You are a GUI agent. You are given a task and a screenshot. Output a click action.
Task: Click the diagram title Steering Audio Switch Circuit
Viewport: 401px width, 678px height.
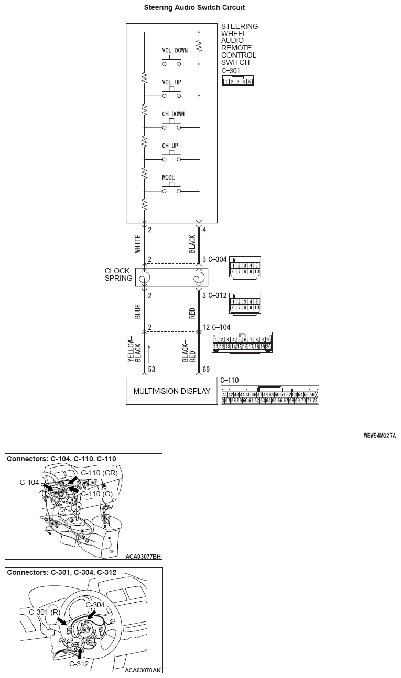pos(194,8)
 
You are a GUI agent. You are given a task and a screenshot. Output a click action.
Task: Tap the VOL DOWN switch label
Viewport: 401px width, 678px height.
pos(175,51)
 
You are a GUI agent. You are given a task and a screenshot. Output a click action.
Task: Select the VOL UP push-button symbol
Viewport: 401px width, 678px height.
pos(171,94)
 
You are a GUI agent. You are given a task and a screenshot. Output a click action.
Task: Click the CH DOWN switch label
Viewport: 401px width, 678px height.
pos(173,114)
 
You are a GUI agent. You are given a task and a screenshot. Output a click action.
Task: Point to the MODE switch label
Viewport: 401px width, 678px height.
pos(168,177)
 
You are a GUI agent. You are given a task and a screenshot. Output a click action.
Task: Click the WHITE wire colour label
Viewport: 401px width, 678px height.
pos(138,244)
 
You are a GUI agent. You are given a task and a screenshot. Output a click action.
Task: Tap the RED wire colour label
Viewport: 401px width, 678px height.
pos(192,313)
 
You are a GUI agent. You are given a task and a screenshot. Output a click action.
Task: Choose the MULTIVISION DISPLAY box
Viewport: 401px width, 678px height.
pos(171,391)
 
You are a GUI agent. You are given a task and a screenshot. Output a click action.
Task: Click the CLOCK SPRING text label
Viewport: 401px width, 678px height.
pos(118,274)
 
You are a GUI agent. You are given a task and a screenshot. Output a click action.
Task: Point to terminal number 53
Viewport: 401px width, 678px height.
pos(151,370)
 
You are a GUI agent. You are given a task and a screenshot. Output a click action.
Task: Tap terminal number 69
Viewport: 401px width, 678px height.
pos(207,370)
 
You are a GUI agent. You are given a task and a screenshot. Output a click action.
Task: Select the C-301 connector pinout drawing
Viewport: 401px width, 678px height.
pos(237,81)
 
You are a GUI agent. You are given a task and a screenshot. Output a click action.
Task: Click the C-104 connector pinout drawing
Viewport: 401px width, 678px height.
pos(242,343)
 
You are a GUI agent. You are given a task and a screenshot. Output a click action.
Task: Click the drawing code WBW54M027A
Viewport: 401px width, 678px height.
pos(380,435)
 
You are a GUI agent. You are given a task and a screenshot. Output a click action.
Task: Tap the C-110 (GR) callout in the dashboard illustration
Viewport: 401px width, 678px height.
pos(99,473)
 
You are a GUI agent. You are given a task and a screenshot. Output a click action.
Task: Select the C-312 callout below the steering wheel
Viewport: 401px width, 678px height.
pos(79,664)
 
